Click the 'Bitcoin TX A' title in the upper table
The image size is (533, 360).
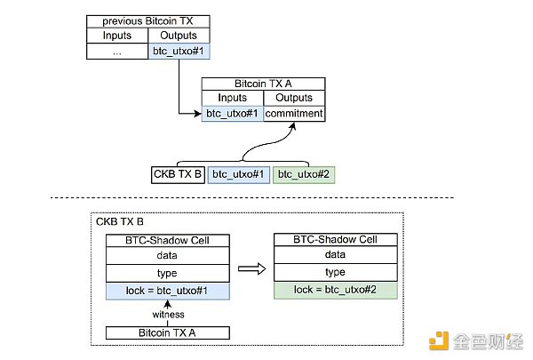(263, 83)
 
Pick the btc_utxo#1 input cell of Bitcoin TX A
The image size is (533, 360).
(233, 113)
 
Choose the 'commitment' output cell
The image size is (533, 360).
(295, 113)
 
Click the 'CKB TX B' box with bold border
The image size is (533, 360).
(179, 174)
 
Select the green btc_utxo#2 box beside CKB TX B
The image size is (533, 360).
(304, 174)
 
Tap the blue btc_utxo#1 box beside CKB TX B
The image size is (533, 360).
(239, 174)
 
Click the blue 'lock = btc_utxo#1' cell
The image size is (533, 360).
(168, 289)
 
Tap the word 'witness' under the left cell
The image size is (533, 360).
(168, 314)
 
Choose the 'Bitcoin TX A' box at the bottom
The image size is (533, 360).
(168, 332)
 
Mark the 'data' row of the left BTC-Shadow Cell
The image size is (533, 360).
(168, 255)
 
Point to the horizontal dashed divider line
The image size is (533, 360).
(266, 197)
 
